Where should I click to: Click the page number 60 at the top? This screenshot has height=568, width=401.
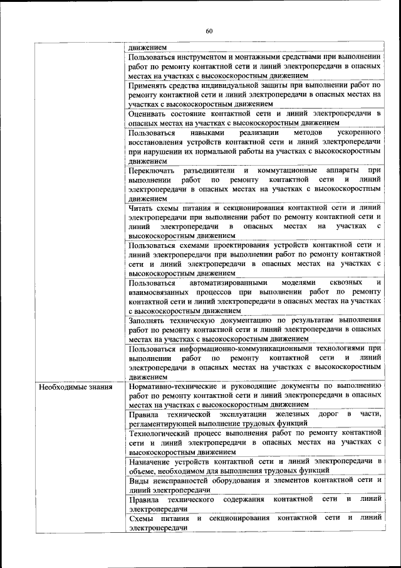pyautogui.click(x=209, y=31)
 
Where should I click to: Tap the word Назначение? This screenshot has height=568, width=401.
pyautogui.click(x=151, y=462)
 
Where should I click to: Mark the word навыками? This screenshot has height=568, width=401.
pyautogui.click(x=205, y=134)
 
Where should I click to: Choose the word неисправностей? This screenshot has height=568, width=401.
pyautogui.click(x=182, y=480)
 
